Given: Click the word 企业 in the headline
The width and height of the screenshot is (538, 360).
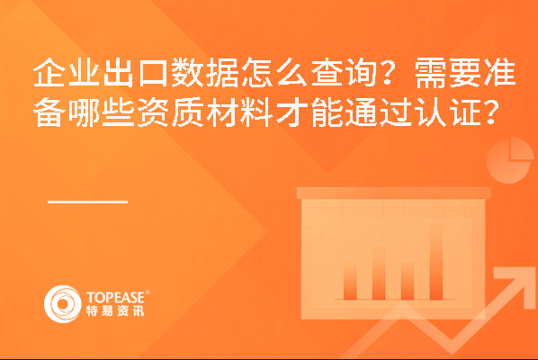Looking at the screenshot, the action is coord(67,73).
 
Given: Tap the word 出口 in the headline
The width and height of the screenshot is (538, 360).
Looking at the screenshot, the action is coord(136,73).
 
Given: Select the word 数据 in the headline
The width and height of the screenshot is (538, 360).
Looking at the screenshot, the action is coord(205,73).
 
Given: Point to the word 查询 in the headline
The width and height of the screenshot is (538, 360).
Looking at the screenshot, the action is coord(344,73).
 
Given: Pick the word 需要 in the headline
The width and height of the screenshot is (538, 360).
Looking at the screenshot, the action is coord(447,73).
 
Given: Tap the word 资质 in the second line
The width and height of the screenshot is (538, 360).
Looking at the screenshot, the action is coord(170,112).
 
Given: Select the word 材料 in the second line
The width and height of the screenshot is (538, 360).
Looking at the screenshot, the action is coord(239,112).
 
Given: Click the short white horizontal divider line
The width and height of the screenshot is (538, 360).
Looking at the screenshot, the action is coord(87,202).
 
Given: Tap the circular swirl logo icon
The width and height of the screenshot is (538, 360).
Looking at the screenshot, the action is coord(63,304).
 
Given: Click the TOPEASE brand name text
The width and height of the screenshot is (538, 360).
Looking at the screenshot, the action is coord(115,298).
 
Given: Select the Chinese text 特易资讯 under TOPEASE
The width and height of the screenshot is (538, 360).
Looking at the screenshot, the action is coord(115,310).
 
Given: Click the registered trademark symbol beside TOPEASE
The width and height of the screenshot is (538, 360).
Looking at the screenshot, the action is coord(148,292).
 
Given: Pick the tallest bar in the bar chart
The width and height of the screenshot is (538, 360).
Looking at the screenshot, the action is coord(436,262).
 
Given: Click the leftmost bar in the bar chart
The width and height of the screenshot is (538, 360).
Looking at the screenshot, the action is coord(350,281).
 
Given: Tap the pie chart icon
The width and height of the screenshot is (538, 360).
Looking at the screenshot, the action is coord(509,160).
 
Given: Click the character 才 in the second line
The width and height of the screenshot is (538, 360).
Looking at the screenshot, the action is coord(291,112).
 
